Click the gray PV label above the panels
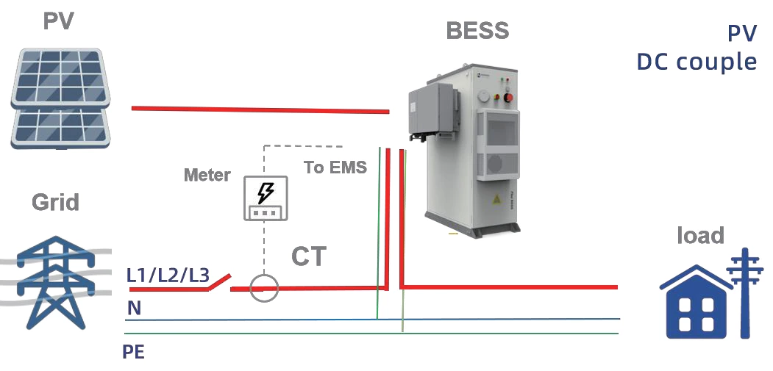click(x=58, y=21)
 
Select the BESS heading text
click(x=477, y=31)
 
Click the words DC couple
click(x=696, y=62)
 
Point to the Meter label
click(x=207, y=175)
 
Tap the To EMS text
click(x=335, y=168)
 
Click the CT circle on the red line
click(x=263, y=288)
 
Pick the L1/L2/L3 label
click(x=168, y=276)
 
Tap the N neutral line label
click(x=134, y=309)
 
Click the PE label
click(x=133, y=352)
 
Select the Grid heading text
click(x=56, y=201)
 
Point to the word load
click(x=700, y=235)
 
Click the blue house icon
click(x=695, y=301)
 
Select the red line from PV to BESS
click(x=260, y=110)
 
